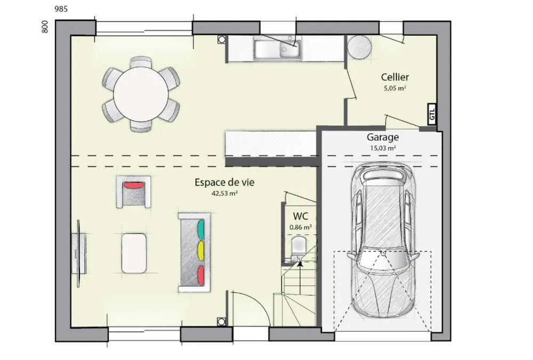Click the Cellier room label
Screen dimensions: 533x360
(x=394, y=77)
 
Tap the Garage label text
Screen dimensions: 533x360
(x=382, y=138)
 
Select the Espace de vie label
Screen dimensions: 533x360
(x=224, y=182)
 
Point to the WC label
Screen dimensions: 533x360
(x=301, y=216)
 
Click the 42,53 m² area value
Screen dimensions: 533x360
(x=224, y=194)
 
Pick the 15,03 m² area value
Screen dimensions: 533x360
(x=382, y=148)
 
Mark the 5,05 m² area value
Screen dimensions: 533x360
(x=395, y=88)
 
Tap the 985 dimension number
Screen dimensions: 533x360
(x=61, y=9)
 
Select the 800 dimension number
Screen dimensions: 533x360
(x=45, y=27)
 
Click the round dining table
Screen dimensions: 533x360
(x=141, y=93)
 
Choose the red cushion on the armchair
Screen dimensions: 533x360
(x=134, y=186)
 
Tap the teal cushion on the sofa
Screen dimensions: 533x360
(x=201, y=229)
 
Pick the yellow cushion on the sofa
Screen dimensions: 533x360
(x=201, y=251)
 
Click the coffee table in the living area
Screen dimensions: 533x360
(x=134, y=253)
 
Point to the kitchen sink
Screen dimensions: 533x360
(x=278, y=50)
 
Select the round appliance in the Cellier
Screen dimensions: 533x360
(x=359, y=47)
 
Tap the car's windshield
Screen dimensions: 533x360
(x=383, y=259)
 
